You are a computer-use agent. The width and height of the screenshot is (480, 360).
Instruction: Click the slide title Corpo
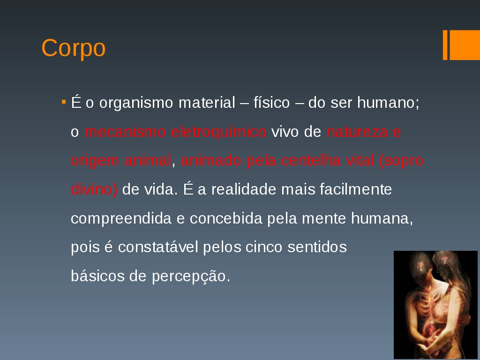coord(74,48)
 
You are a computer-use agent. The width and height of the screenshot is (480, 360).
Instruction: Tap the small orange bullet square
coord(64,101)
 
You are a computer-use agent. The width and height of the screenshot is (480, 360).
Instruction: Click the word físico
coord(271,102)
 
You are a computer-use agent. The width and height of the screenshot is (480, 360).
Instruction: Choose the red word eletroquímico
coord(218,132)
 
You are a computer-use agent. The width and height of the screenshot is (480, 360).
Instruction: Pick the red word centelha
coord(311,160)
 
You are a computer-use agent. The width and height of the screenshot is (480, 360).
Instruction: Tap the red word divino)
coord(94,189)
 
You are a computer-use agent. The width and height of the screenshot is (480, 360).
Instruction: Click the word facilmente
coord(356,189)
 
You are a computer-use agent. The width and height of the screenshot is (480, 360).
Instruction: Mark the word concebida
coord(226,218)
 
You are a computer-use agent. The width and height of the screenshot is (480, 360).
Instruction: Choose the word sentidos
coord(317,247)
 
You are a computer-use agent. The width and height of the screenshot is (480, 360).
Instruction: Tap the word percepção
coord(191,277)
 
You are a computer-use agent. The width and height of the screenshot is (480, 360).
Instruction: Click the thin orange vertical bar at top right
coord(445,45)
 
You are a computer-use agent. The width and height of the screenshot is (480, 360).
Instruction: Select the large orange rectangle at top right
coord(465,45)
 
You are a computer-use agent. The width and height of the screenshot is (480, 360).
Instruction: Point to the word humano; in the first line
coord(388,102)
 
